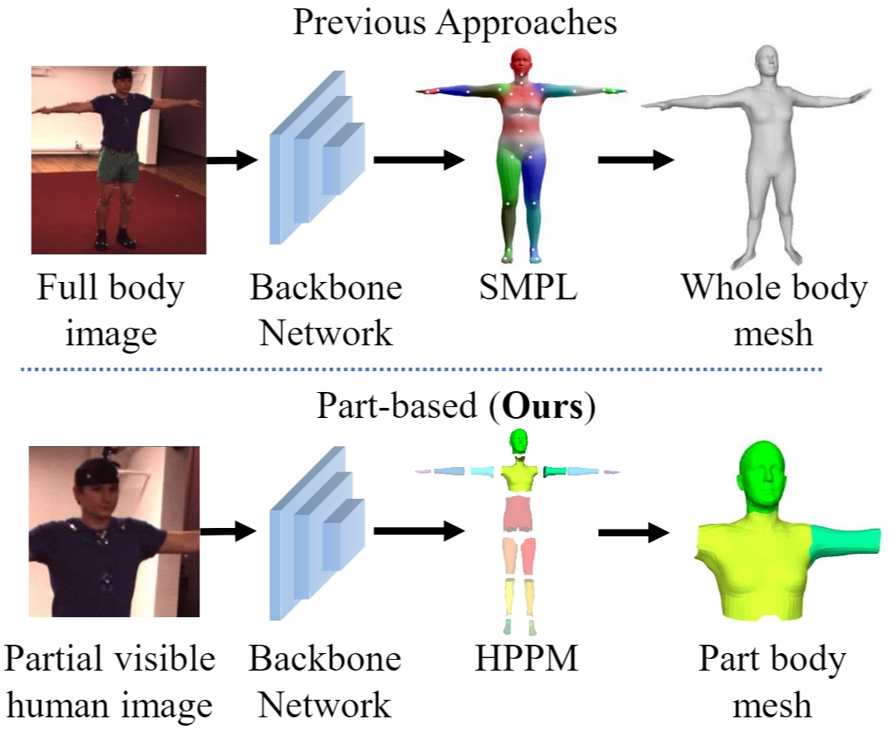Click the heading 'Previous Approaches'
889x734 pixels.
pyautogui.click(x=455, y=22)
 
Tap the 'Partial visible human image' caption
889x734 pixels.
pyautogui.click(x=109, y=681)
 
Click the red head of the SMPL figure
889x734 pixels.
pyautogui.click(x=520, y=63)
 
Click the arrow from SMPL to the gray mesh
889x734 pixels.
pyautogui.click(x=635, y=159)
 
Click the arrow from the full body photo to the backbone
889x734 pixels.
pyautogui.click(x=233, y=159)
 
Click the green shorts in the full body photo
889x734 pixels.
pyautogui.click(x=118, y=168)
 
